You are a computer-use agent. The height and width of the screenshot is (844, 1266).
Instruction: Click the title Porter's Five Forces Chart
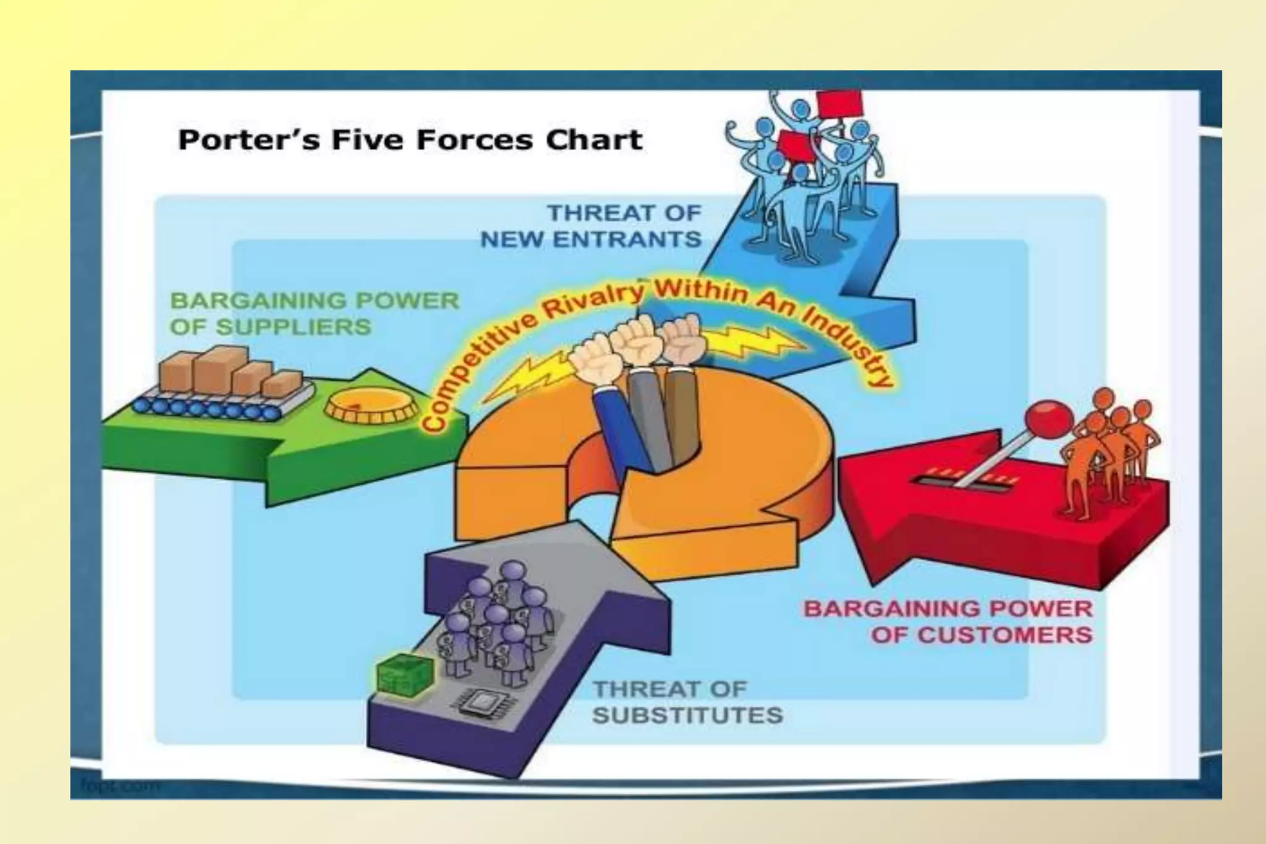click(x=410, y=140)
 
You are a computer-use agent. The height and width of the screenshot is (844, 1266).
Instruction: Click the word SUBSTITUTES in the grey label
click(x=687, y=715)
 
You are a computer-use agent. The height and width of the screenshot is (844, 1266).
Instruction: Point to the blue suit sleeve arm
click(x=618, y=427)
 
